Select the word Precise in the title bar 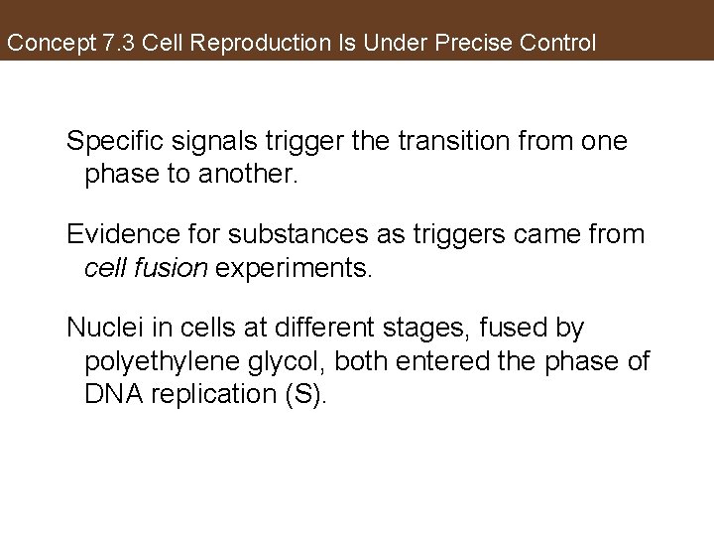click(483, 45)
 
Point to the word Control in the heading click(560, 45)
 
